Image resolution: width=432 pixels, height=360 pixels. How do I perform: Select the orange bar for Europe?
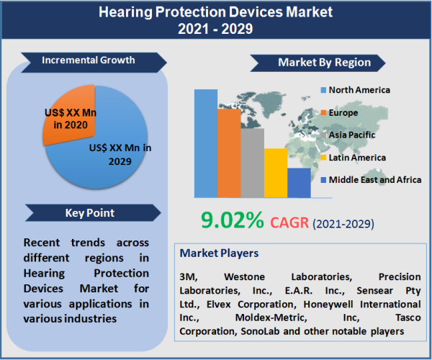[x=229, y=153]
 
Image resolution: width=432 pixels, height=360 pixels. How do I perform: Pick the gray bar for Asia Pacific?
[x=252, y=163]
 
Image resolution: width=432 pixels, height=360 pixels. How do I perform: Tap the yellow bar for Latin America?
[x=275, y=173]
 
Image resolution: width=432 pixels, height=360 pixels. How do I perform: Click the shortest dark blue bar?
[x=298, y=183]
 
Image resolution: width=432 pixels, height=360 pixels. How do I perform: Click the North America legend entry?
[x=359, y=90]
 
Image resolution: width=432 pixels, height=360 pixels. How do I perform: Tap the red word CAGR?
[x=289, y=222]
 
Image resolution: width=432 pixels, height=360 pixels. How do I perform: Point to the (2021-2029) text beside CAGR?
[x=343, y=224]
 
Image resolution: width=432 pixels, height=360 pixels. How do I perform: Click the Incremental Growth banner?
[x=88, y=60]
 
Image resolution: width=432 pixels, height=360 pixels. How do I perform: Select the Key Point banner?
[x=88, y=213]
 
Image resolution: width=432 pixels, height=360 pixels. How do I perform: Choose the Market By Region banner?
[x=323, y=63]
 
